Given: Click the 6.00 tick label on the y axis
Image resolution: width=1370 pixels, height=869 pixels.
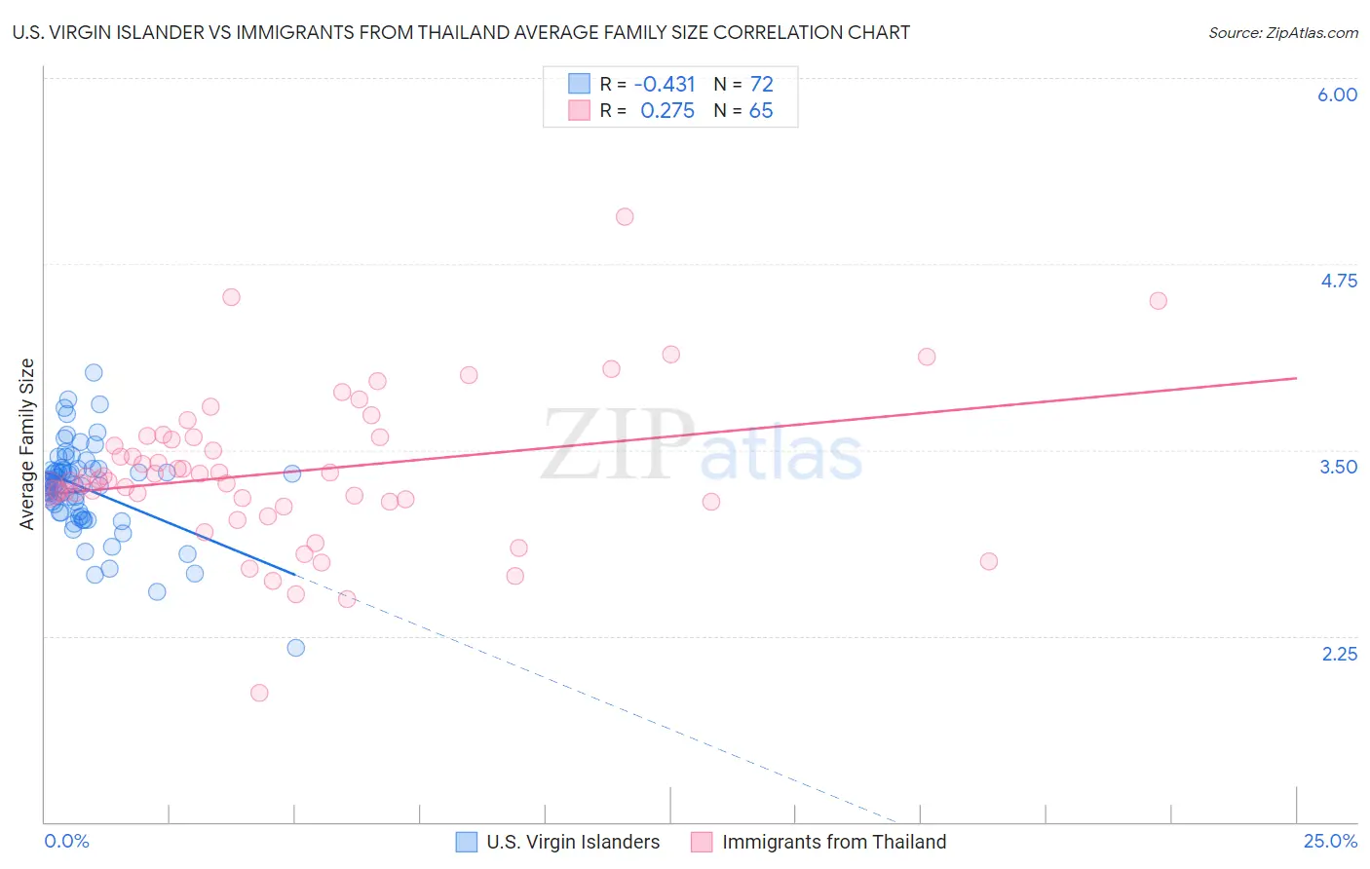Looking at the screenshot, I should (1337, 94).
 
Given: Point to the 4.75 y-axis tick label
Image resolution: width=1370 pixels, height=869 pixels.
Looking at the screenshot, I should (1338, 281).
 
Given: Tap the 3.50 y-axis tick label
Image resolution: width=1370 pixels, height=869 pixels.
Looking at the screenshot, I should (1338, 467).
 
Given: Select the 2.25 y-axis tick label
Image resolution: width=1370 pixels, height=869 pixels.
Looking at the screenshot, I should (1339, 654).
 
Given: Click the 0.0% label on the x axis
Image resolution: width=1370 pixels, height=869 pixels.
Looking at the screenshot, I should (66, 841).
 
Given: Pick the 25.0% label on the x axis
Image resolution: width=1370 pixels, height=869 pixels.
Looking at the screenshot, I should (1330, 841).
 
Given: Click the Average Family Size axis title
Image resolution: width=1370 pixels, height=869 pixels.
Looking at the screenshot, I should (26, 444).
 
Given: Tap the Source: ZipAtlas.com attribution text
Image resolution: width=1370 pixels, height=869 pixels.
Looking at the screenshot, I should (1282, 33).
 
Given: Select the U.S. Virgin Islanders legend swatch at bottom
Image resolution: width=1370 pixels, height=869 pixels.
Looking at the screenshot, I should (467, 842).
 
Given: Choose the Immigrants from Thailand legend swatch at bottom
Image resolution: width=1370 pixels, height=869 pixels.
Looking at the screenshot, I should (702, 842).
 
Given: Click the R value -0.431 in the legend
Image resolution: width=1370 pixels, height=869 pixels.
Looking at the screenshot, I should (665, 84).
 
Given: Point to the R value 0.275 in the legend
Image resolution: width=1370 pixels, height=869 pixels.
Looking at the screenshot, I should (667, 111).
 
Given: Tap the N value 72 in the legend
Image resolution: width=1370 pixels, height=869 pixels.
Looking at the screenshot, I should (761, 84).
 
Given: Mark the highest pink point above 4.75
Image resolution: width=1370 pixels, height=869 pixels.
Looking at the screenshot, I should (625, 216).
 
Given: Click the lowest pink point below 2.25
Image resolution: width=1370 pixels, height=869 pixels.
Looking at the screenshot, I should (259, 693).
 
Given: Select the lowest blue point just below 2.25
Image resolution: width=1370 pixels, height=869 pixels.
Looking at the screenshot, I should (296, 648).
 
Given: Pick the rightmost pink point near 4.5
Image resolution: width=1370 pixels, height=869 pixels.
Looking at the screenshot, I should (1158, 300).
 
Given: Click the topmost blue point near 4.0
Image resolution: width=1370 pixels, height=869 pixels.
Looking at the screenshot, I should (94, 372).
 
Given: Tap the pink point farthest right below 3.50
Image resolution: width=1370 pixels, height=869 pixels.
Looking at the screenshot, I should (989, 561).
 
